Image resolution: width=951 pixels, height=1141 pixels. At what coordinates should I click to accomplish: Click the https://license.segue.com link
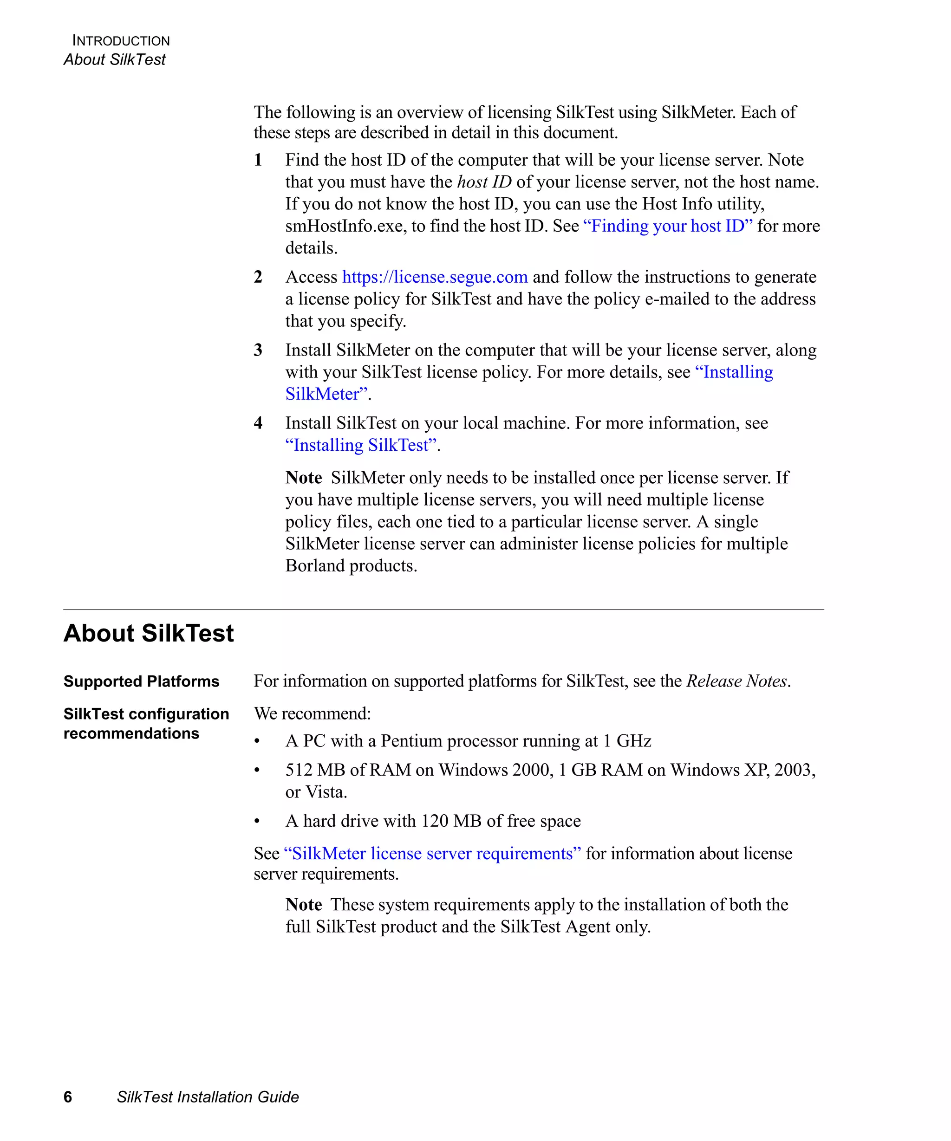[435, 277]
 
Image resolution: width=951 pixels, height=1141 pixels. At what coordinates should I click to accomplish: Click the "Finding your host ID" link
[668, 226]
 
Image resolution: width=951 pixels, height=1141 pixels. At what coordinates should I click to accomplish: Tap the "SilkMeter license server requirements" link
[432, 854]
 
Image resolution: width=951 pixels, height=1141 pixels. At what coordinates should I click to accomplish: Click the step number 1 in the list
[258, 160]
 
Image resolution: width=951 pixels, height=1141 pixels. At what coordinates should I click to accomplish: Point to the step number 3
[258, 350]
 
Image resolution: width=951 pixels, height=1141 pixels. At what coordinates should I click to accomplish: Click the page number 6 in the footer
[68, 1097]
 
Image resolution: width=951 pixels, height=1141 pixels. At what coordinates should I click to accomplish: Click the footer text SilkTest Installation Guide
[208, 1097]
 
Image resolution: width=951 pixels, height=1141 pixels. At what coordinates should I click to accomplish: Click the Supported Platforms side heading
[141, 681]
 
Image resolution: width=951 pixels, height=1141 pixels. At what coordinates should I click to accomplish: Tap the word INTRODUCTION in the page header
[121, 41]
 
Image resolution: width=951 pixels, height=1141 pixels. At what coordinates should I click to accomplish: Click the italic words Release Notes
[737, 681]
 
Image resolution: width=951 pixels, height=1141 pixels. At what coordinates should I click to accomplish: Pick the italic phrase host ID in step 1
[484, 182]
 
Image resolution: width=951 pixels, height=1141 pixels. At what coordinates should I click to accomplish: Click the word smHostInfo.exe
[345, 226]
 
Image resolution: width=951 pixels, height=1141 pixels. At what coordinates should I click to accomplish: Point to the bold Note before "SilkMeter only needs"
[304, 478]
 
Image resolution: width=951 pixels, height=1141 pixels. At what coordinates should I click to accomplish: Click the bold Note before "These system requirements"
[304, 905]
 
